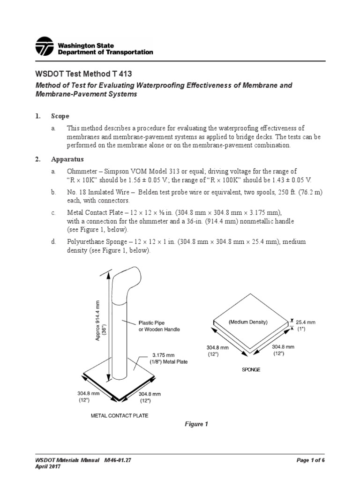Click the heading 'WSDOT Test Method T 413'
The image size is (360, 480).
pos(81,74)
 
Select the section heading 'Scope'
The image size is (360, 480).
pos(60,116)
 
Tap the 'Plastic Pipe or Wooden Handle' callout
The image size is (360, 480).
pos(159,326)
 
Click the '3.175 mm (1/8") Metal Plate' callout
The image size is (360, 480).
pos(168,359)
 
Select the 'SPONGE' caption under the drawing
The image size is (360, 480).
pos(251,369)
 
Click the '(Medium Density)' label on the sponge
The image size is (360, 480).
pos(248,322)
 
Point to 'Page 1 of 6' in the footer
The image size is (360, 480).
pos(311,460)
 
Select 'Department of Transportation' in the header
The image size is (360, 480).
pos(105,52)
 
